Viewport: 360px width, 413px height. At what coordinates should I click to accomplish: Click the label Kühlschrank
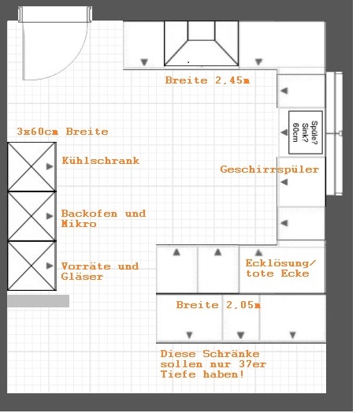coord(101,161)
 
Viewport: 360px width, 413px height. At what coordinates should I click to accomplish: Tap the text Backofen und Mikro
coord(103,218)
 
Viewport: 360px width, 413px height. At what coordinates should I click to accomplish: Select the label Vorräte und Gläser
coord(100,271)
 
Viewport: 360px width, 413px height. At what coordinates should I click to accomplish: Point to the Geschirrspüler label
coord(269,169)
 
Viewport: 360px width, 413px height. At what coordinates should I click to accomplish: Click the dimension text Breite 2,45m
coord(207,80)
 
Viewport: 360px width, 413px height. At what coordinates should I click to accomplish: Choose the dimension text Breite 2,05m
coord(218,305)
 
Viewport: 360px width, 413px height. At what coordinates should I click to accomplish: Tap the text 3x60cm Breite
coord(63,132)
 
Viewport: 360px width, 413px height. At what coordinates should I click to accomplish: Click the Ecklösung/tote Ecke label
coord(280,269)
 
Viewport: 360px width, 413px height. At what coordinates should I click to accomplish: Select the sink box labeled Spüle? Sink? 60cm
coord(306,132)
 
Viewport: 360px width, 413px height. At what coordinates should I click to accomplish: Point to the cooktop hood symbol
coord(202,43)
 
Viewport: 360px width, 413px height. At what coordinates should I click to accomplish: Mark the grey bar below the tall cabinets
coord(38,301)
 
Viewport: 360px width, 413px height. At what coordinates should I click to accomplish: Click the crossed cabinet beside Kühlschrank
coord(32,166)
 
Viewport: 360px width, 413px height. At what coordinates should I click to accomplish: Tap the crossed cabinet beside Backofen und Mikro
coord(32,216)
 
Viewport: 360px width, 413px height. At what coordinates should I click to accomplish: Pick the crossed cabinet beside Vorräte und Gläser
coord(32,266)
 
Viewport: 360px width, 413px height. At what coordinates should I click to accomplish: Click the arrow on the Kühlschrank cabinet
coord(50,166)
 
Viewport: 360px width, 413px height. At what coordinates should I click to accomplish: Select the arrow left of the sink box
coord(284,132)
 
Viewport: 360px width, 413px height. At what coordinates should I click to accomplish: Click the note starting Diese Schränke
coord(213,364)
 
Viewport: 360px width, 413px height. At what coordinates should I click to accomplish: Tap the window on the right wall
coord(335,133)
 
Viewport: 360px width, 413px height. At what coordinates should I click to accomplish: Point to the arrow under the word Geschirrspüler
coord(284,182)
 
